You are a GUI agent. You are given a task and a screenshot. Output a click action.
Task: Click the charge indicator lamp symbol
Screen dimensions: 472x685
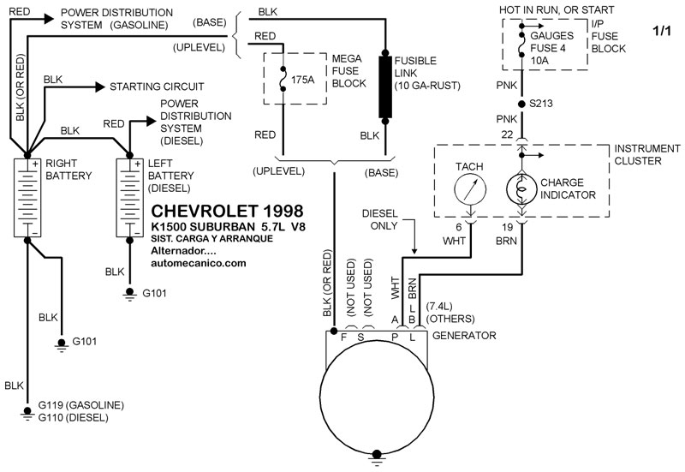tap(521, 187)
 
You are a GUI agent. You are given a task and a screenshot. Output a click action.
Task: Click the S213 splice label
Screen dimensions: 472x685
tap(542, 102)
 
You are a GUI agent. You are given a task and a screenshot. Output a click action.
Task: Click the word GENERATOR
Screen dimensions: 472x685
tap(464, 335)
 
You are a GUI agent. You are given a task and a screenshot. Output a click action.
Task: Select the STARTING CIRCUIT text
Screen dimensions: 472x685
tap(157, 87)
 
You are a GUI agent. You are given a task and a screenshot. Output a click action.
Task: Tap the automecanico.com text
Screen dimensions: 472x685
tap(199, 263)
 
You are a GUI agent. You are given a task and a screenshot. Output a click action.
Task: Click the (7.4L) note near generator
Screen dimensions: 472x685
tap(442, 305)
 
